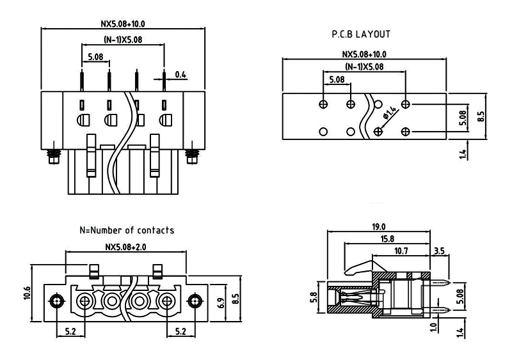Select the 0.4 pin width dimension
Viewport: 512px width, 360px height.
pos(180,75)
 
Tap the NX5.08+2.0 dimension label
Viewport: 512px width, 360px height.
pos(125,247)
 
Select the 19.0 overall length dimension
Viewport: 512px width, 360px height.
pos(378,227)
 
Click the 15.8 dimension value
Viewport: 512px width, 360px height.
pos(386,239)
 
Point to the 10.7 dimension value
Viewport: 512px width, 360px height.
pos(401,251)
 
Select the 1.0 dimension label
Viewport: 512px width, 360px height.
pos(433,327)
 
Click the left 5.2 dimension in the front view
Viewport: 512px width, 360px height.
pos(70,331)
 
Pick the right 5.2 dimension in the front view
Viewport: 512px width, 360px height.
pos(180,331)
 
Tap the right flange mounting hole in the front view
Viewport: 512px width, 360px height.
pos(195,301)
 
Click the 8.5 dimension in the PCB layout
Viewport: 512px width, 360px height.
pos(481,116)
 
